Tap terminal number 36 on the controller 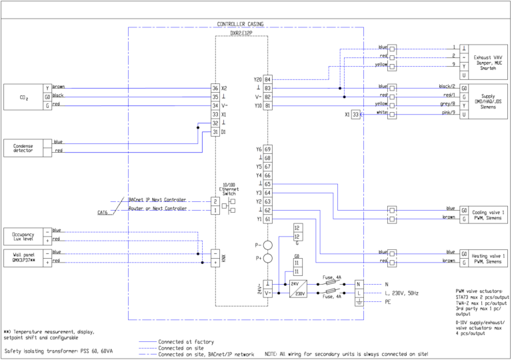pos(215,88)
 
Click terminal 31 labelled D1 pos(215,132)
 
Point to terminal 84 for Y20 pos(267,79)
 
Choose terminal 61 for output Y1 pos(267,219)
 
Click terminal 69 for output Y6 pos(267,149)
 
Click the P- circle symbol pos(267,245)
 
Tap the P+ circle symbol pos(267,258)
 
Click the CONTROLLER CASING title pos(240,24)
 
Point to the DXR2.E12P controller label pos(241,33)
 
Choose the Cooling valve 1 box pos(484,213)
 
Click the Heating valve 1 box pos(484,257)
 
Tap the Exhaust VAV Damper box pos(493,61)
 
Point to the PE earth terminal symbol pos(359,302)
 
